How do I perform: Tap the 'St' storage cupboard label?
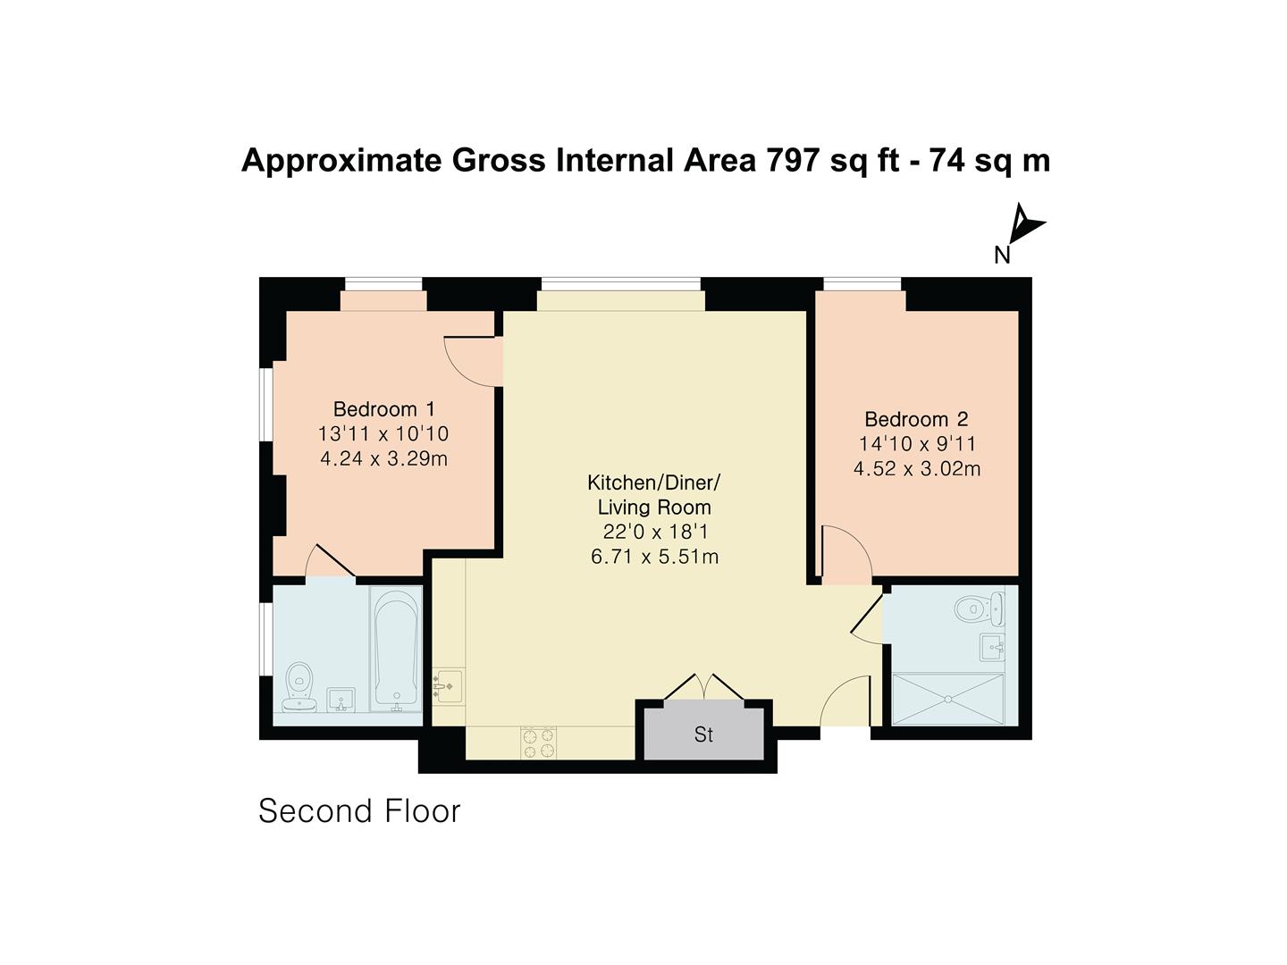703,734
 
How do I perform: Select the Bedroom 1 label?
383,409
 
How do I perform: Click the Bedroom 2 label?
916,419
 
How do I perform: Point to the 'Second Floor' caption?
359,811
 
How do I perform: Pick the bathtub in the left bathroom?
396,649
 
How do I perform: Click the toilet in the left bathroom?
299,688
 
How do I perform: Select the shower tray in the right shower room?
948,699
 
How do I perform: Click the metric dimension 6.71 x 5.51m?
655,557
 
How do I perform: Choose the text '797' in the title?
794,161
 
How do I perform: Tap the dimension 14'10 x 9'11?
917,444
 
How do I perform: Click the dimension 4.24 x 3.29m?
383,459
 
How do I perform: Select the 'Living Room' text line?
654,508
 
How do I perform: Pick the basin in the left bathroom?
341,700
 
